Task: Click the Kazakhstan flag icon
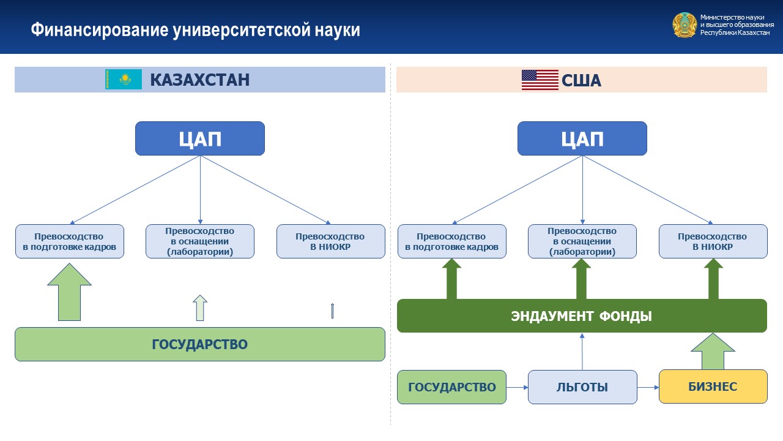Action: (x=124, y=79)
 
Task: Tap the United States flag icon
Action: (x=540, y=80)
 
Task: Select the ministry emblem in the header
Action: (x=685, y=25)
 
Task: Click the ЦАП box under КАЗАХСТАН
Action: (x=200, y=138)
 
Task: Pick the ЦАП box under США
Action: (x=582, y=138)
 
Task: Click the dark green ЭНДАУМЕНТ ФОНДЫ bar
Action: (x=582, y=315)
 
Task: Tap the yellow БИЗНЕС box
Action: (x=713, y=386)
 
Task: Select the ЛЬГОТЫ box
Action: (x=582, y=387)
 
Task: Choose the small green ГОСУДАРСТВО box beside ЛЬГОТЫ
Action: (x=451, y=387)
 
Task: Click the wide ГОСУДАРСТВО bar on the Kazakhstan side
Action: (x=200, y=344)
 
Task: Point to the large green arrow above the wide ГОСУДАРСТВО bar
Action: (x=69, y=292)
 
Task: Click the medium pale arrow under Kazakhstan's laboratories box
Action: (x=200, y=307)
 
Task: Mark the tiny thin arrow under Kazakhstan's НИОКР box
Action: (x=332, y=311)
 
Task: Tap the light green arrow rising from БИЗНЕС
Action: (x=713, y=352)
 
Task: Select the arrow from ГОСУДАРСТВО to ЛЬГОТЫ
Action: (x=517, y=387)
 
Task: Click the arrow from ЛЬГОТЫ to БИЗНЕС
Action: (x=648, y=387)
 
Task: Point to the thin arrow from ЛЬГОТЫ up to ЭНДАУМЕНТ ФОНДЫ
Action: (x=582, y=352)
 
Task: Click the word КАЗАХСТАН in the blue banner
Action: (x=200, y=80)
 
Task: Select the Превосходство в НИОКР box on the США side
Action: (x=713, y=241)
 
